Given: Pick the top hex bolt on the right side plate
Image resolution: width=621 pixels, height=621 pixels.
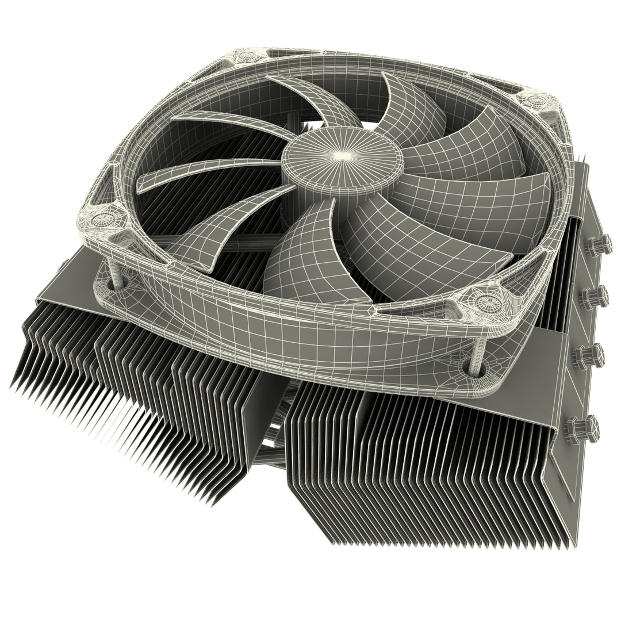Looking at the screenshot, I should (x=597, y=245).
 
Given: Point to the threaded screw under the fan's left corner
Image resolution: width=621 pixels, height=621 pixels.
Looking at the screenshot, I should (x=118, y=275).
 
